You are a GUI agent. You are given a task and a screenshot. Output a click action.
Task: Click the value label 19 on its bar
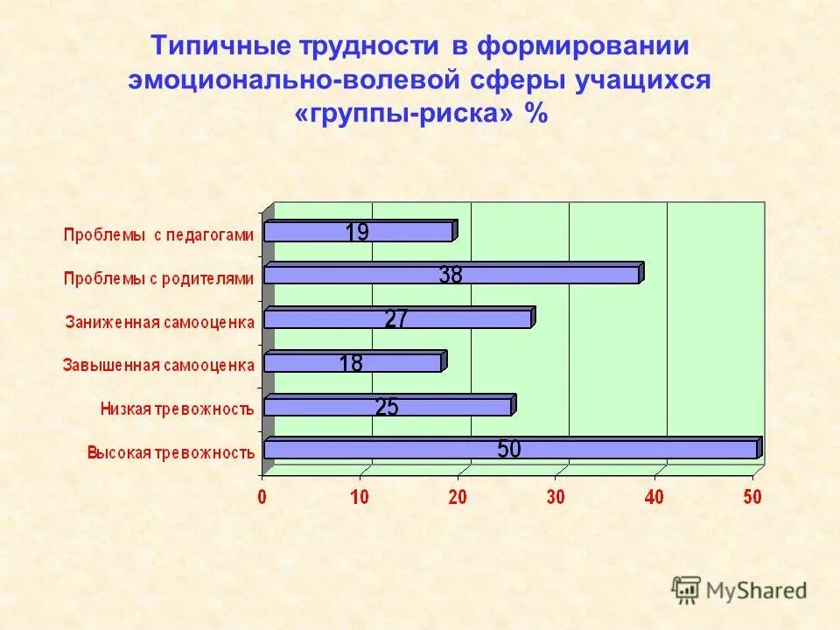[x=357, y=233]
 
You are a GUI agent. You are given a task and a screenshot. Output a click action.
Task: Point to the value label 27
[x=395, y=320]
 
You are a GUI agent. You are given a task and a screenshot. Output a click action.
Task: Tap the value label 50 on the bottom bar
[x=509, y=450]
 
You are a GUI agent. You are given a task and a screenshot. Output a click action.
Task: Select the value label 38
[x=451, y=275]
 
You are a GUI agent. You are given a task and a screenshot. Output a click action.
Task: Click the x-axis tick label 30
[x=556, y=497]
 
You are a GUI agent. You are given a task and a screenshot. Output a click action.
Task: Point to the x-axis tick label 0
[x=262, y=497]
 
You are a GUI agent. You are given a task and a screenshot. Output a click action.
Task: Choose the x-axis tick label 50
[x=752, y=497]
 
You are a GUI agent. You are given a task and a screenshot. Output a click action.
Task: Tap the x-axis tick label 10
[x=360, y=497]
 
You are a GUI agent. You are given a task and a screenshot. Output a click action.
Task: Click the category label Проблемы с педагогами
[x=158, y=234]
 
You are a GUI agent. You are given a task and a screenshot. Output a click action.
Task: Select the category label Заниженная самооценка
[x=160, y=321]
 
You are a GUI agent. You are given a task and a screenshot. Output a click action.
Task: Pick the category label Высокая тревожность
[x=171, y=452]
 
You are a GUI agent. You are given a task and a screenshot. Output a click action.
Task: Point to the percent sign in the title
[x=535, y=114]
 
